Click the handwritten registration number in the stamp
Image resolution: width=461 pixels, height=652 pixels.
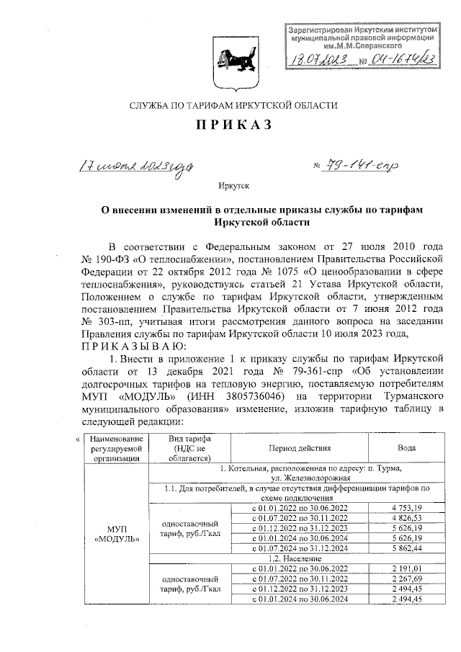[406, 58]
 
